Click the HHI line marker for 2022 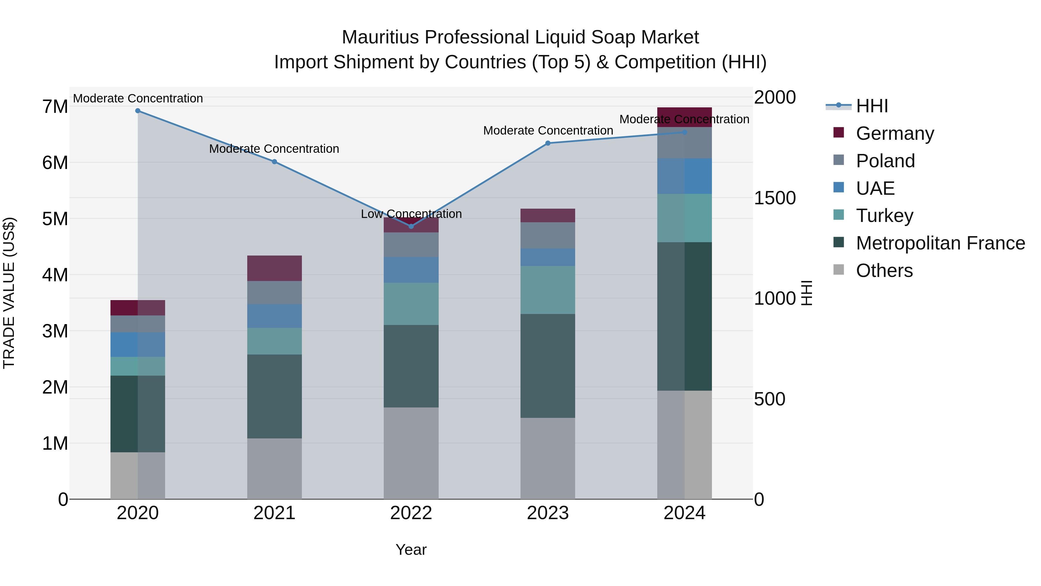(x=411, y=227)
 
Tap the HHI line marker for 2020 (x=138, y=111)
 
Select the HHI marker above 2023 (x=548, y=143)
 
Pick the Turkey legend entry (x=884, y=216)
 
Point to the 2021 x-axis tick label (x=274, y=513)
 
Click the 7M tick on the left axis (x=55, y=107)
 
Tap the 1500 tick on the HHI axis (x=775, y=198)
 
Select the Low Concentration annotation (x=411, y=214)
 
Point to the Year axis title (x=411, y=550)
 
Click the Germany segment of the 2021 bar (x=274, y=268)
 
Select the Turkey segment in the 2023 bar (x=548, y=290)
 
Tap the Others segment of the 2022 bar (x=411, y=453)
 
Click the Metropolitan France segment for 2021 (x=274, y=396)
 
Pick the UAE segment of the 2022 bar (x=411, y=270)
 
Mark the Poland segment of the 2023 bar (x=548, y=235)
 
